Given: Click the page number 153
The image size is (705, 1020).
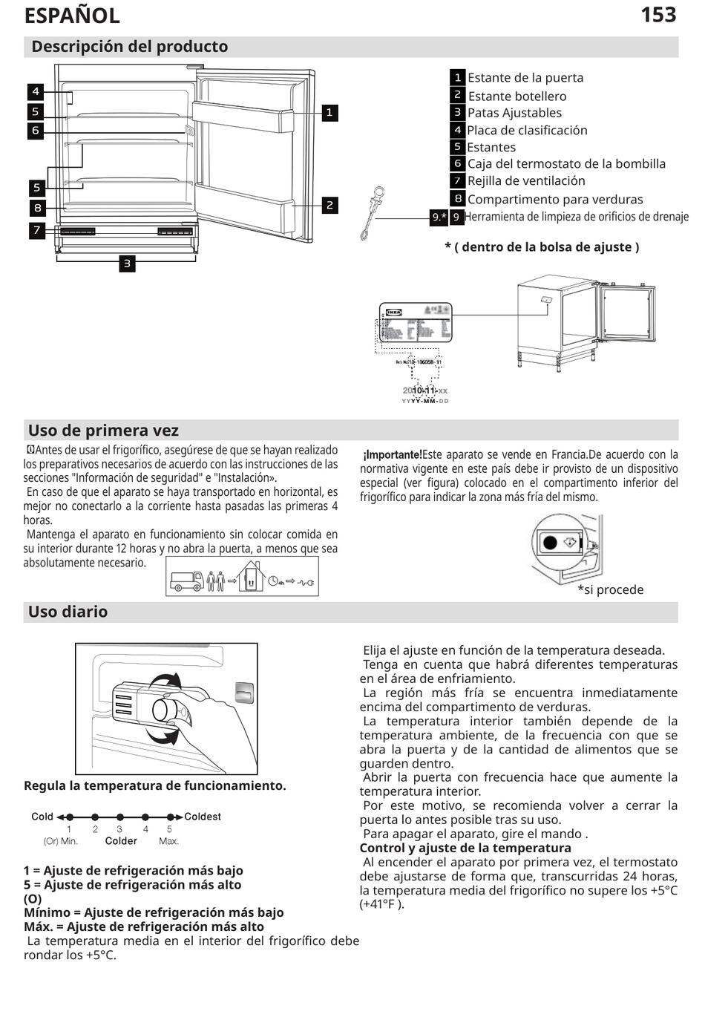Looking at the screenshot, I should (658, 15).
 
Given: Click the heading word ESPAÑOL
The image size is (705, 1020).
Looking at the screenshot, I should (72, 16).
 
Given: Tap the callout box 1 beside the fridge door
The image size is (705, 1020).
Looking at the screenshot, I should (329, 113).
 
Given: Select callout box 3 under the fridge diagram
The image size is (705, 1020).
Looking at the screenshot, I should (127, 263).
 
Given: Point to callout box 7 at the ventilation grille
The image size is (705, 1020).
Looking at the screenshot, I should (37, 230).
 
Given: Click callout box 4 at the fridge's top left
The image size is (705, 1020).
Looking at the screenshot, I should (36, 91).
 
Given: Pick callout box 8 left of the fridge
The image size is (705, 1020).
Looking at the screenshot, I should (37, 208).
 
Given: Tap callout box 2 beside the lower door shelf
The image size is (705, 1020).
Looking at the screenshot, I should (329, 205).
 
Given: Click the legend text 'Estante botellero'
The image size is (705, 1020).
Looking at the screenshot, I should (517, 96).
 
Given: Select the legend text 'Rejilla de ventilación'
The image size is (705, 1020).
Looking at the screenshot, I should (525, 180).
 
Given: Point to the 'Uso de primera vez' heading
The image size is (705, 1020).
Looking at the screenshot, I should (103, 431).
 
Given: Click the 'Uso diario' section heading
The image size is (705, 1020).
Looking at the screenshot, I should (68, 612).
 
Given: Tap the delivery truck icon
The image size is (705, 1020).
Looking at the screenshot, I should (186, 581).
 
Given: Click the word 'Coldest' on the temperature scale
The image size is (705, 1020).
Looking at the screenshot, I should (202, 817).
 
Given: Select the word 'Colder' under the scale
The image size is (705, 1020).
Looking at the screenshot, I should (121, 841).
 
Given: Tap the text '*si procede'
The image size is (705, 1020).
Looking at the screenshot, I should (610, 589).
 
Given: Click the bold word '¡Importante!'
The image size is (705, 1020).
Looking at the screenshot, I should (392, 454).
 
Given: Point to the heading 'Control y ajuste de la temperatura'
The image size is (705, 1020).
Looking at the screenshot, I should (465, 848).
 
